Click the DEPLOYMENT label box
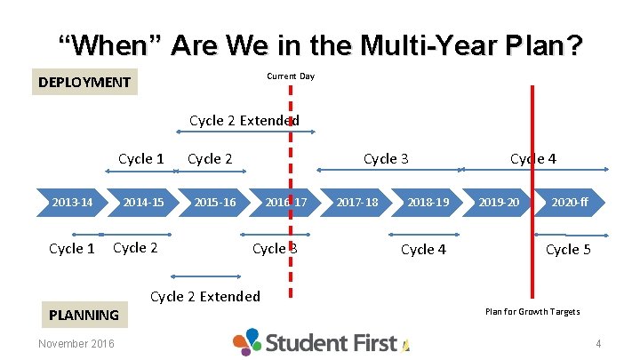(84, 83)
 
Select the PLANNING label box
(84, 314)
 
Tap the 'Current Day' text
(291, 76)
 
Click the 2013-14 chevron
(72, 203)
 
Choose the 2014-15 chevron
(143, 203)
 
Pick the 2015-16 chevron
(215, 203)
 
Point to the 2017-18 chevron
(356, 203)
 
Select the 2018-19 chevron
(428, 203)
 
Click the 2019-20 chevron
(499, 203)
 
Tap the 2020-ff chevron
(570, 203)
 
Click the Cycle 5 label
(568, 249)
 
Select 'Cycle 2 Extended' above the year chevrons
(244, 120)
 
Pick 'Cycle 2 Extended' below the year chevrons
(205, 296)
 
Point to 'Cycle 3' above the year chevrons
(386, 158)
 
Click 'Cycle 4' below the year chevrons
(423, 249)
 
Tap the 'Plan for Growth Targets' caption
(532, 311)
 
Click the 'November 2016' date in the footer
(76, 344)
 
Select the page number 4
(598, 344)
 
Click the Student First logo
(320, 342)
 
